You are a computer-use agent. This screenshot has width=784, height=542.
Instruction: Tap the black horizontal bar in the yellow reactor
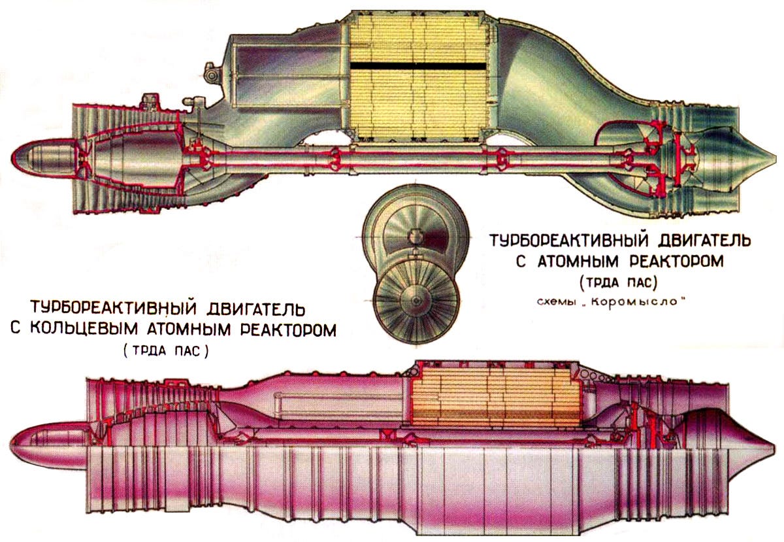418,66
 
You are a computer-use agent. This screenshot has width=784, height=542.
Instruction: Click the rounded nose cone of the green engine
33,158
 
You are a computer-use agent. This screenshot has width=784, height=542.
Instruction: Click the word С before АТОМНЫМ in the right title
521,262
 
